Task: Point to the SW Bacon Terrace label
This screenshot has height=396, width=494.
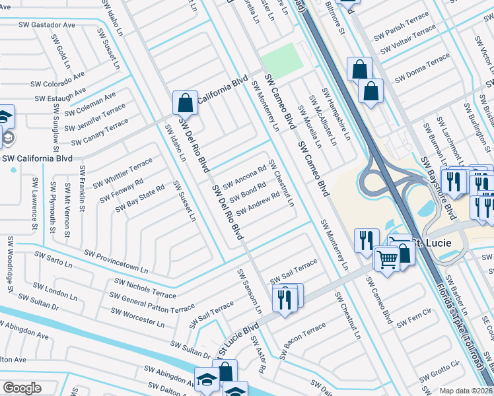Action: [302, 340]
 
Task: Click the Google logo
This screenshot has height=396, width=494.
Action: [22, 388]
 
